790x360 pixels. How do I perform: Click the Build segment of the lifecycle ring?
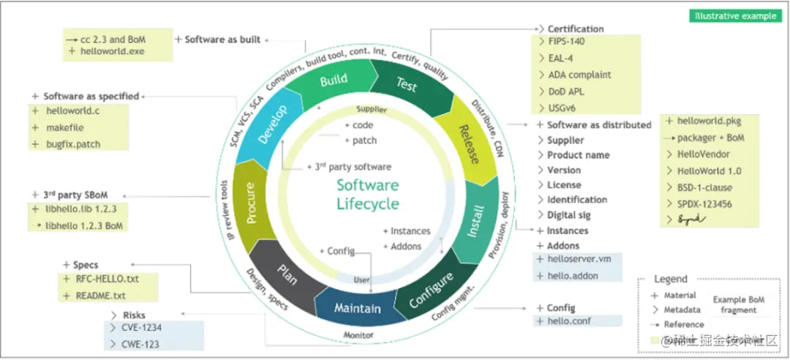pos(334,81)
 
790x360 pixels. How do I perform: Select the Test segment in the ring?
pos(407,85)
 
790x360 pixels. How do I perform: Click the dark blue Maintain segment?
pos(357,308)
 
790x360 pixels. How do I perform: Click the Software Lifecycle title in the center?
pos(368,194)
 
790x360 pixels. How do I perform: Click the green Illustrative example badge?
pos(735,16)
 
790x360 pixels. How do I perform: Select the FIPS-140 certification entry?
pos(566,41)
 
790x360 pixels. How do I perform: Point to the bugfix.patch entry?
pos(72,144)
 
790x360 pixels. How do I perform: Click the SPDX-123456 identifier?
pos(704,204)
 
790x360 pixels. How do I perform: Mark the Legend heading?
pos(670,279)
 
